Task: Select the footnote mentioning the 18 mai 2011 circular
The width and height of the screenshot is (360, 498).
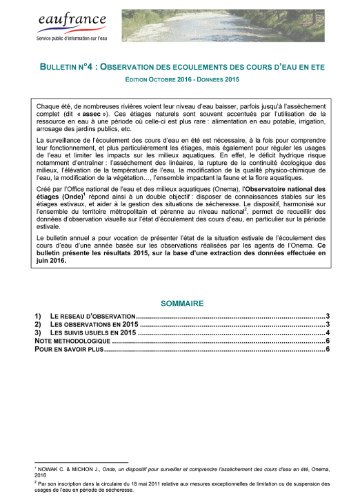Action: (180, 487)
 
